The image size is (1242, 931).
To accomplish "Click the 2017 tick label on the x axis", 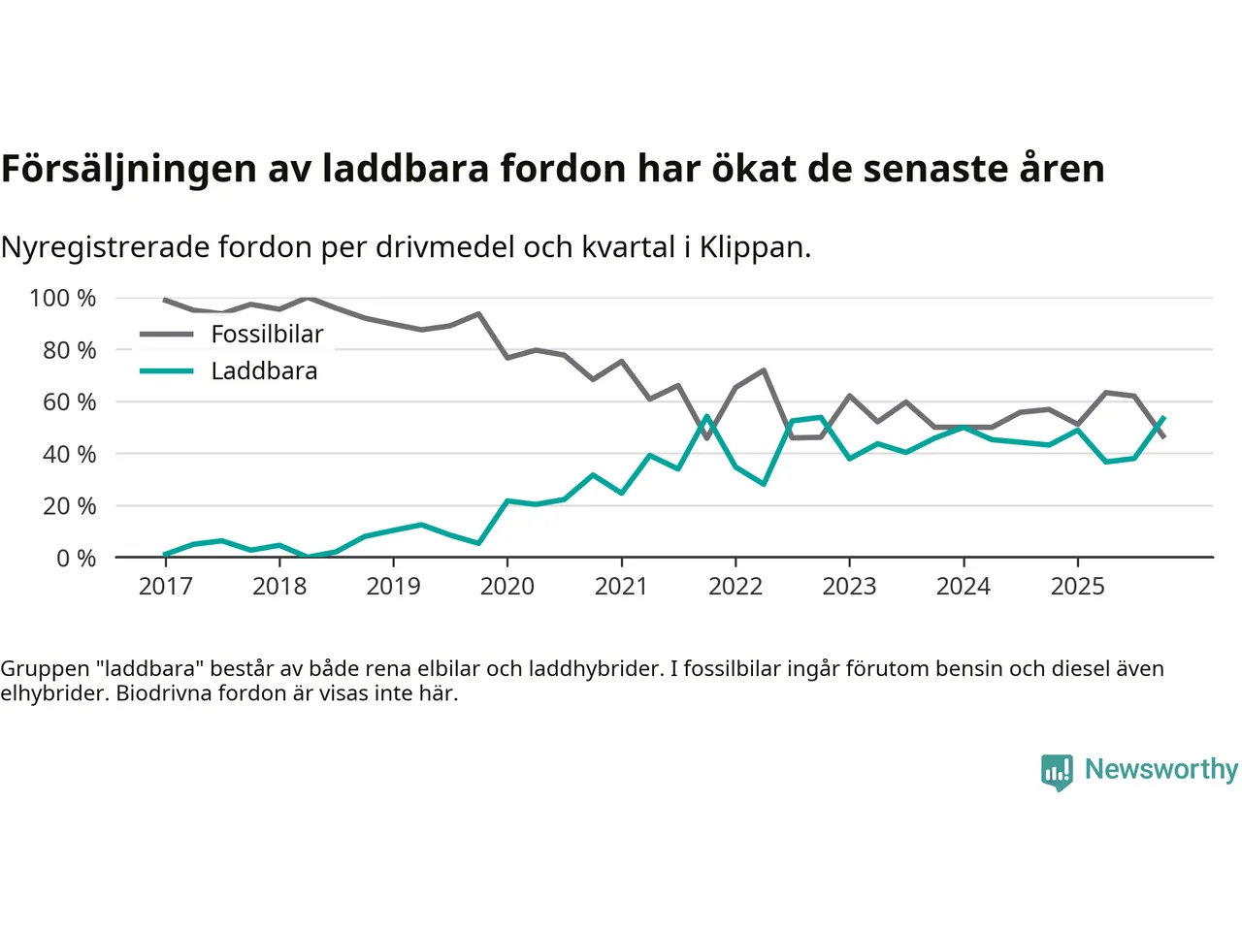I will [x=166, y=587].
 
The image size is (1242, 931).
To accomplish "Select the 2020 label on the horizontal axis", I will [x=507, y=587].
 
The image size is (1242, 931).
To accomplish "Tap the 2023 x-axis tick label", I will [x=849, y=587].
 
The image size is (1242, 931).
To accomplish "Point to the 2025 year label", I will [x=1077, y=587].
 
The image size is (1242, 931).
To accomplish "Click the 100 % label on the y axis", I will [x=63, y=298].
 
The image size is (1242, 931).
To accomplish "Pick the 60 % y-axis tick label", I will [x=69, y=401].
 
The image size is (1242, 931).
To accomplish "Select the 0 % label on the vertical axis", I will [x=76, y=558].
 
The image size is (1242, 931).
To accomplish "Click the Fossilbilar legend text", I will [x=267, y=335].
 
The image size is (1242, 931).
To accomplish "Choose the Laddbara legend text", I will [x=264, y=371].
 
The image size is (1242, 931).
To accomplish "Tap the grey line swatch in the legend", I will [x=167, y=335].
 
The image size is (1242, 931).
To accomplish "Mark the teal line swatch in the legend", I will [x=167, y=371].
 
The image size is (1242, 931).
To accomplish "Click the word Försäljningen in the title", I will [x=128, y=169].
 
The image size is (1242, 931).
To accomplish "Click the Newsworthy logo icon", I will [x=1057, y=772].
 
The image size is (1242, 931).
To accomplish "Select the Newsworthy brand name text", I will [x=1161, y=769].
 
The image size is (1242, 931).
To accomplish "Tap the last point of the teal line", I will [x=1163, y=418].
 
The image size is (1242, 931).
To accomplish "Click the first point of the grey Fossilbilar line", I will [x=165, y=300].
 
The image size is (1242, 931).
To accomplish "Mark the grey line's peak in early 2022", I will [x=764, y=369].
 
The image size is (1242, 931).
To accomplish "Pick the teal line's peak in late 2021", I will [x=706, y=417].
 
